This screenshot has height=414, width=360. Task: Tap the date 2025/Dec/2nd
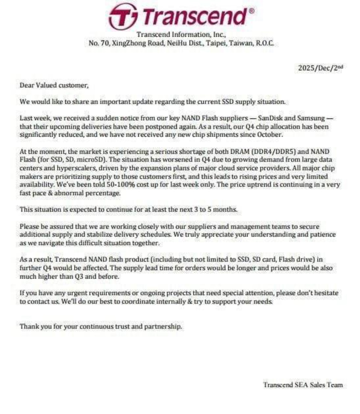(320, 68)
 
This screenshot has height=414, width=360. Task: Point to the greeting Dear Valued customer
(54, 85)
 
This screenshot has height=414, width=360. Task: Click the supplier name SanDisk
(272, 118)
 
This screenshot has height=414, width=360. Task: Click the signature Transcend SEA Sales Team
(303, 385)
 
